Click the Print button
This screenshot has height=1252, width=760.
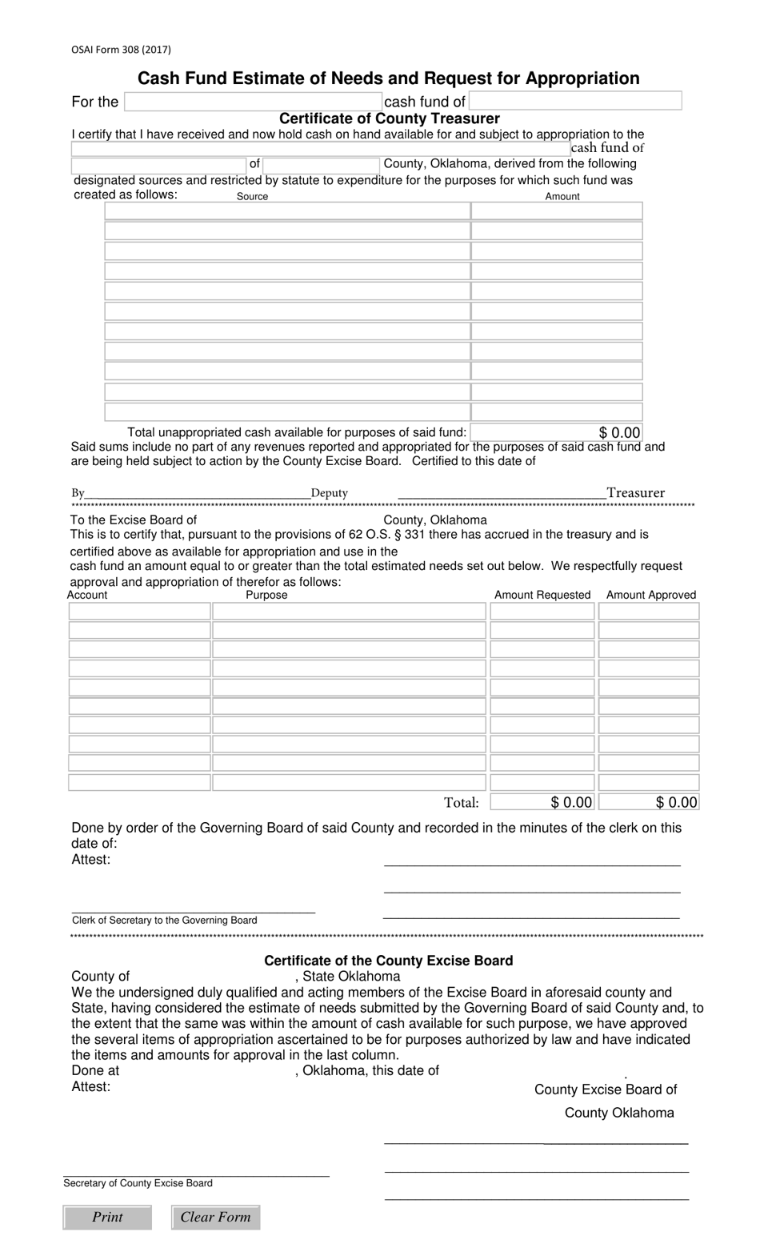pos(107,1217)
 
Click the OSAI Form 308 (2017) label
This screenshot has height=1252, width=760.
pos(121,50)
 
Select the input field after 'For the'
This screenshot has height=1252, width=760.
pos(253,102)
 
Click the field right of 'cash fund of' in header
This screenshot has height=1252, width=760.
pos(575,101)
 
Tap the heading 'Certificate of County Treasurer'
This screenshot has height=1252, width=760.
pos(389,118)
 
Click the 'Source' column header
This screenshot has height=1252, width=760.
pos(252,196)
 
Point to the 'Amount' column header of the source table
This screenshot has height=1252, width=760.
pos(562,196)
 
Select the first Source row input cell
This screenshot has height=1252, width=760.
pos(287,211)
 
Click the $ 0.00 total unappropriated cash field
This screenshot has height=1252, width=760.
pos(557,432)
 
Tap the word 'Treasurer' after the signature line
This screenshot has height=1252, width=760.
pos(635,493)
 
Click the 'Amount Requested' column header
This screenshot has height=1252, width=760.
pos(542,595)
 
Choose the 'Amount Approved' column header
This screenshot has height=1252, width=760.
pos(650,595)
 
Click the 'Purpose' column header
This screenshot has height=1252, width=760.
pos(266,595)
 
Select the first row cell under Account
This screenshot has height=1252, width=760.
pos(139,612)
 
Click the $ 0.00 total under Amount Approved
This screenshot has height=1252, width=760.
pos(649,802)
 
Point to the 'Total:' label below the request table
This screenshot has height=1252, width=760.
pos(461,802)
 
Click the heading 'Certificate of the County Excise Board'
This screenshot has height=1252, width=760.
pos(388,961)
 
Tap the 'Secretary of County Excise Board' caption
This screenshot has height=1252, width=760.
pos(138,1183)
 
